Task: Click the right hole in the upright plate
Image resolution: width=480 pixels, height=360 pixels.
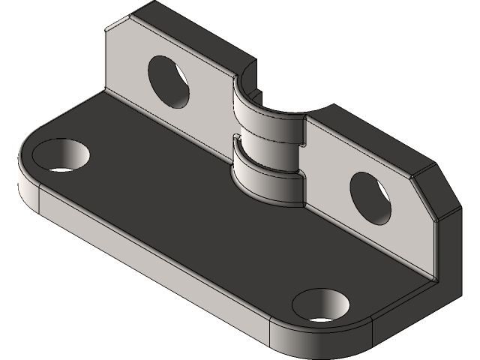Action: [x=370, y=197]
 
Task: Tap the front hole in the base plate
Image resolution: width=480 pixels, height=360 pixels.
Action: [x=321, y=306]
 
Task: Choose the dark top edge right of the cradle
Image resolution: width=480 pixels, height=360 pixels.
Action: [x=375, y=135]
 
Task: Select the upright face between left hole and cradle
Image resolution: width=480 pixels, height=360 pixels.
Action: [x=214, y=112]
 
